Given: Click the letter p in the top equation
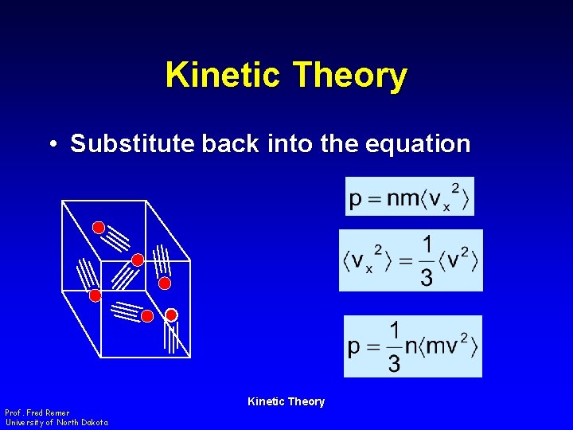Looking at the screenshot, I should (x=356, y=198).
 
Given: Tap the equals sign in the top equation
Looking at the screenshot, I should (x=374, y=197).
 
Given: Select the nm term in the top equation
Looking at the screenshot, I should (x=401, y=197).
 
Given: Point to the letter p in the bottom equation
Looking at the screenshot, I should (x=355, y=348).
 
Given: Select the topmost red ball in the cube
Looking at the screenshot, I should (x=99, y=228).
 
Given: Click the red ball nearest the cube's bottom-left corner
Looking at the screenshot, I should (x=95, y=296).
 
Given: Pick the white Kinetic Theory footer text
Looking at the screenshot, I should (x=286, y=401).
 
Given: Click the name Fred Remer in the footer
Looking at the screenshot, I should (x=49, y=413).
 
